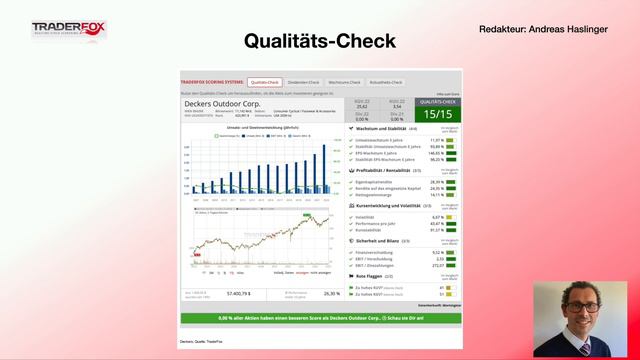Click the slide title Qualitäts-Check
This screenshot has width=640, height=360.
(320, 41)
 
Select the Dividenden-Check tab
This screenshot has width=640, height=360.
(303, 82)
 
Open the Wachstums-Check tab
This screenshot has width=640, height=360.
(344, 82)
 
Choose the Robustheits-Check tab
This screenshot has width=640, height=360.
(386, 82)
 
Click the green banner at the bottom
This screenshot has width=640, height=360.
(320, 318)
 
